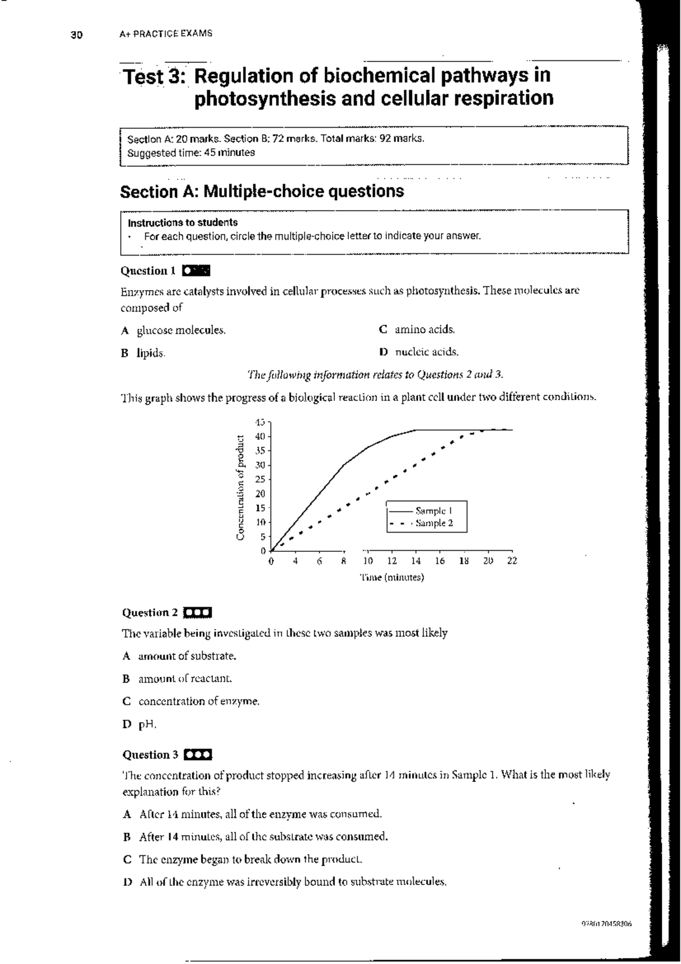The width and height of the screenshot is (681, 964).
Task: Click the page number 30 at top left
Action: point(76,35)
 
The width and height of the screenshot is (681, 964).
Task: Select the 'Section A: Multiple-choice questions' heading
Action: point(262,191)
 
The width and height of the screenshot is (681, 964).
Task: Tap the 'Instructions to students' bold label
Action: point(182,223)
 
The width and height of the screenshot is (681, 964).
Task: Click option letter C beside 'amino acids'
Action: point(383,329)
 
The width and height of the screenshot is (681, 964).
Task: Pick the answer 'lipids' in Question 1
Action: point(150,353)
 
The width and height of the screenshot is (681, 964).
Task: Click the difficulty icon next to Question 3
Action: point(198,755)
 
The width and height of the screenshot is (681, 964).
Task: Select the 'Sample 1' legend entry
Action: point(434,510)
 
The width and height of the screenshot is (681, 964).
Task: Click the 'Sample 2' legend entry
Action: point(434,523)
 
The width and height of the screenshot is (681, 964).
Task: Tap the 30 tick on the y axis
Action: point(260,465)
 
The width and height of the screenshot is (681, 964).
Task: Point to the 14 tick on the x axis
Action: point(416,561)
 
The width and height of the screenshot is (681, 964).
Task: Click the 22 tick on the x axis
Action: point(512,561)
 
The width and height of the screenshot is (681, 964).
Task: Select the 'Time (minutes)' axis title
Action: point(392,577)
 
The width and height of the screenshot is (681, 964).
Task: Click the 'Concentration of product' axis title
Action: point(241,487)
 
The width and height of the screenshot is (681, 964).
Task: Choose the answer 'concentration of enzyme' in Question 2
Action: point(199,701)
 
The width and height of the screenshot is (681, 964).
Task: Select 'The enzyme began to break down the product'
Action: point(250,859)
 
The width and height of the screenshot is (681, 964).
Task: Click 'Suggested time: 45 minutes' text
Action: point(191,153)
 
